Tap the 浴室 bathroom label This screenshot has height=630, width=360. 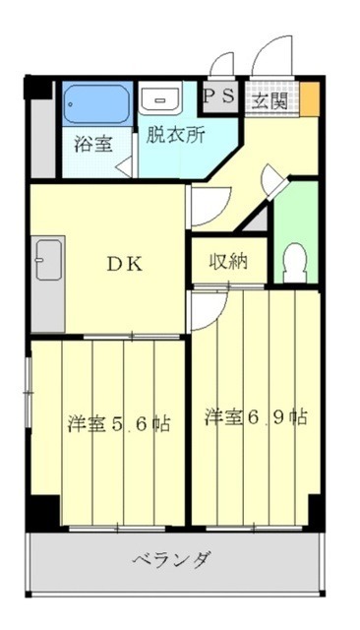click(x=93, y=144)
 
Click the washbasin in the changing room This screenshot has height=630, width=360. click(x=158, y=98)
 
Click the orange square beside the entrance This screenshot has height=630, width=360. click(x=309, y=97)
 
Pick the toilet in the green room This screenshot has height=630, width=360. click(x=293, y=261)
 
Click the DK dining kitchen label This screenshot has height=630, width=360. click(x=125, y=264)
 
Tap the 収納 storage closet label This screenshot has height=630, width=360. click(x=227, y=262)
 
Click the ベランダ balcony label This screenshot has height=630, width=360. click(x=172, y=561)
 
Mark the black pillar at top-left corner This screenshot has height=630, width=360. click(x=38, y=87)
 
